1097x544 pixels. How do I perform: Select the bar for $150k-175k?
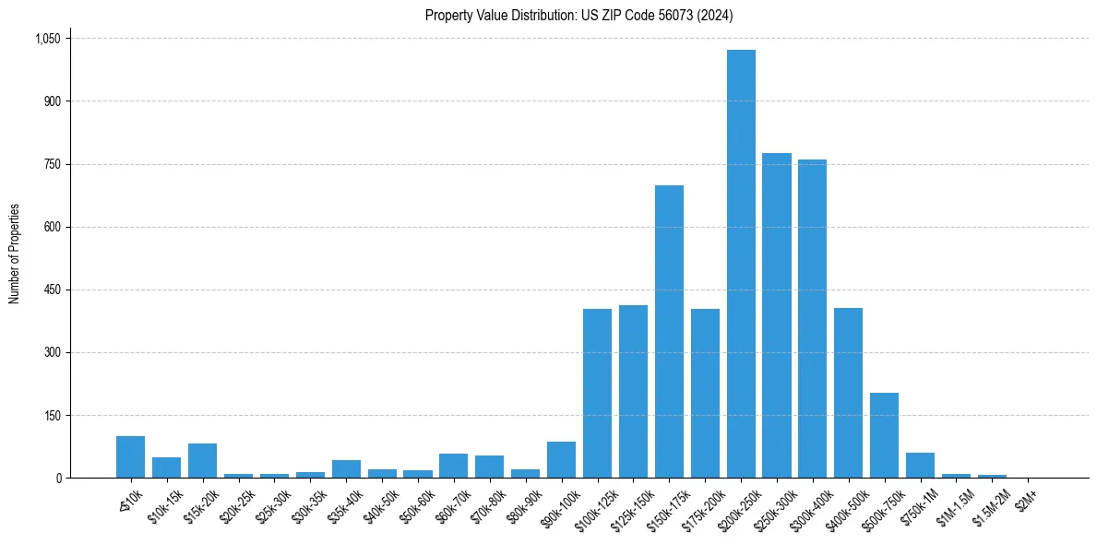point(669,332)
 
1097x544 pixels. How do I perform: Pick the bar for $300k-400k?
point(812,319)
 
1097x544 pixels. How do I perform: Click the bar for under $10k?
point(130,457)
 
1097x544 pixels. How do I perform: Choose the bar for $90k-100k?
point(561,460)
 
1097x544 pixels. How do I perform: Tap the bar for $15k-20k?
point(202,461)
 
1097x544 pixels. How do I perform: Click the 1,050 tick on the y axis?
point(47,39)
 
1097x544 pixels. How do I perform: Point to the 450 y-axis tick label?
point(52,290)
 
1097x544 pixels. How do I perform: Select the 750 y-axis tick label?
point(52,164)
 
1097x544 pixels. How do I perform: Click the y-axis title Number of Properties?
point(15,254)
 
